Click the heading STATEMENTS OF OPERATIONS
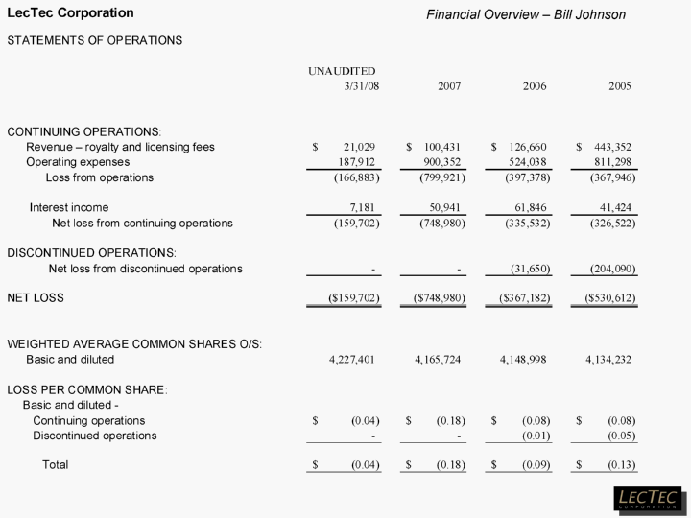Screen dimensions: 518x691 [x=95, y=40]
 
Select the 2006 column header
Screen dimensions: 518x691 [x=535, y=86]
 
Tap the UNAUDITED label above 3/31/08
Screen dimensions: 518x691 [x=342, y=71]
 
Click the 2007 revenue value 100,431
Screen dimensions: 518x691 [x=443, y=147]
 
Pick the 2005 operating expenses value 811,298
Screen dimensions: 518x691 [x=611, y=162]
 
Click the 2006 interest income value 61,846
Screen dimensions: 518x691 [x=529, y=207]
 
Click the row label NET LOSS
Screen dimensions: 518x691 [x=36, y=298]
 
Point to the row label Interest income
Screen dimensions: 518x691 [x=69, y=207]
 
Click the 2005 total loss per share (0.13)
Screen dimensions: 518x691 [x=621, y=465]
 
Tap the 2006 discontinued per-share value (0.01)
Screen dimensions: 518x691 [x=536, y=436]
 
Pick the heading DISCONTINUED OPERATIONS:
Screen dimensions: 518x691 [x=84, y=252]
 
